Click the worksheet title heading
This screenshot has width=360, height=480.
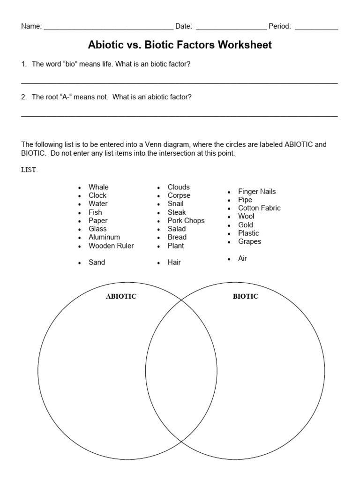click(180, 45)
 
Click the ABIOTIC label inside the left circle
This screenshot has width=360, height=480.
click(121, 296)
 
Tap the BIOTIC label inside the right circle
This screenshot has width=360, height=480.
click(245, 296)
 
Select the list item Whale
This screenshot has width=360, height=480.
click(98, 187)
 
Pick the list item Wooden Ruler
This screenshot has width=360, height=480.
click(111, 246)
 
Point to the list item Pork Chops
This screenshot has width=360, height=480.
click(186, 220)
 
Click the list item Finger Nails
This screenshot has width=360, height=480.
click(257, 191)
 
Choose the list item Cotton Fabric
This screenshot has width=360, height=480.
click(259, 208)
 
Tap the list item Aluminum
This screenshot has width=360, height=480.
click(104, 237)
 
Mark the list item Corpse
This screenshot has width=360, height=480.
click(179, 195)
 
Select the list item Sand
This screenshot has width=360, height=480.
click(97, 262)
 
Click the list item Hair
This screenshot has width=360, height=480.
click(174, 262)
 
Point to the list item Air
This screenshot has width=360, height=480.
click(242, 258)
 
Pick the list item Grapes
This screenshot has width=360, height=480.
click(250, 241)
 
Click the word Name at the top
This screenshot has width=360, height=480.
click(31, 26)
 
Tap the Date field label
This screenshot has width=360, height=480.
click(183, 26)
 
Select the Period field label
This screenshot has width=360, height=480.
click(280, 26)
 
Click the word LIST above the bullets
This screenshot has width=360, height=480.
click(29, 170)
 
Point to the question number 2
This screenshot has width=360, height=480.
click(24, 97)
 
